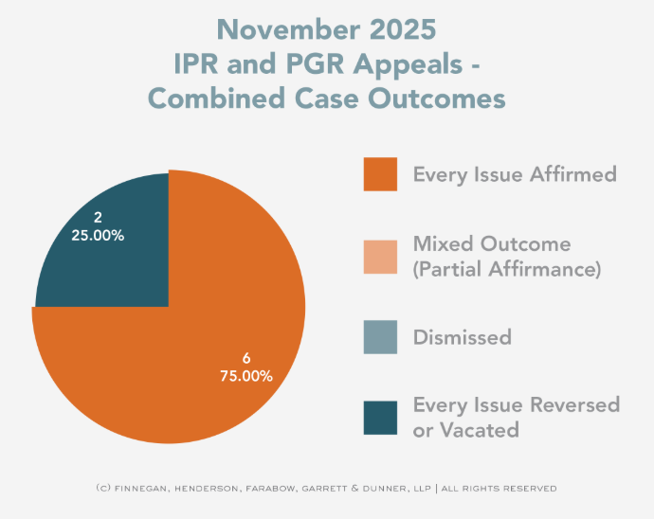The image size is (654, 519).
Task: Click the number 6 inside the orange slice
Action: (x=246, y=358)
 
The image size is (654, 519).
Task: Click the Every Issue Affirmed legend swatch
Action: (x=380, y=174)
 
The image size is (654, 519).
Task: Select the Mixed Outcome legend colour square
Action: (x=380, y=256)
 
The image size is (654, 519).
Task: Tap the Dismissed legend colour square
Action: (x=380, y=337)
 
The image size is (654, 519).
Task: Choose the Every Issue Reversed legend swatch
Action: (x=380, y=418)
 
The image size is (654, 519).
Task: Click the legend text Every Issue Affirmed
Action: (x=515, y=174)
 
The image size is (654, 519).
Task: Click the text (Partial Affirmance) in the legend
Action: (x=507, y=269)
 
